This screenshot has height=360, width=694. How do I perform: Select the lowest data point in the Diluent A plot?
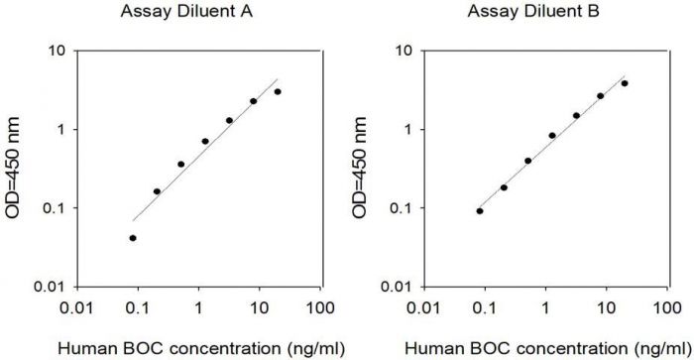(133, 238)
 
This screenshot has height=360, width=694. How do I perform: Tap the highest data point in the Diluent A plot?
(278, 92)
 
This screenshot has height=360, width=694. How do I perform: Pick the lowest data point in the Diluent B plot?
(480, 211)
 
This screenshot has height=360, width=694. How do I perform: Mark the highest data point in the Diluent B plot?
(625, 83)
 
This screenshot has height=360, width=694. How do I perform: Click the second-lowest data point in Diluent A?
(157, 191)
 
